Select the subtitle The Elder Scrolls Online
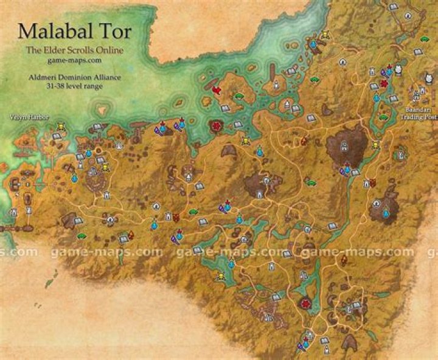(74, 50)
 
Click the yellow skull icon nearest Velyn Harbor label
(61, 126)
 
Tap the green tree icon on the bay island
(239, 96)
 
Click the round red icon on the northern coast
(215, 126)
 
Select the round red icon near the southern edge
(304, 302)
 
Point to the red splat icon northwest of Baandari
(383, 83)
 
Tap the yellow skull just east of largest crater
(376, 145)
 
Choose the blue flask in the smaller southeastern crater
(385, 213)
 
